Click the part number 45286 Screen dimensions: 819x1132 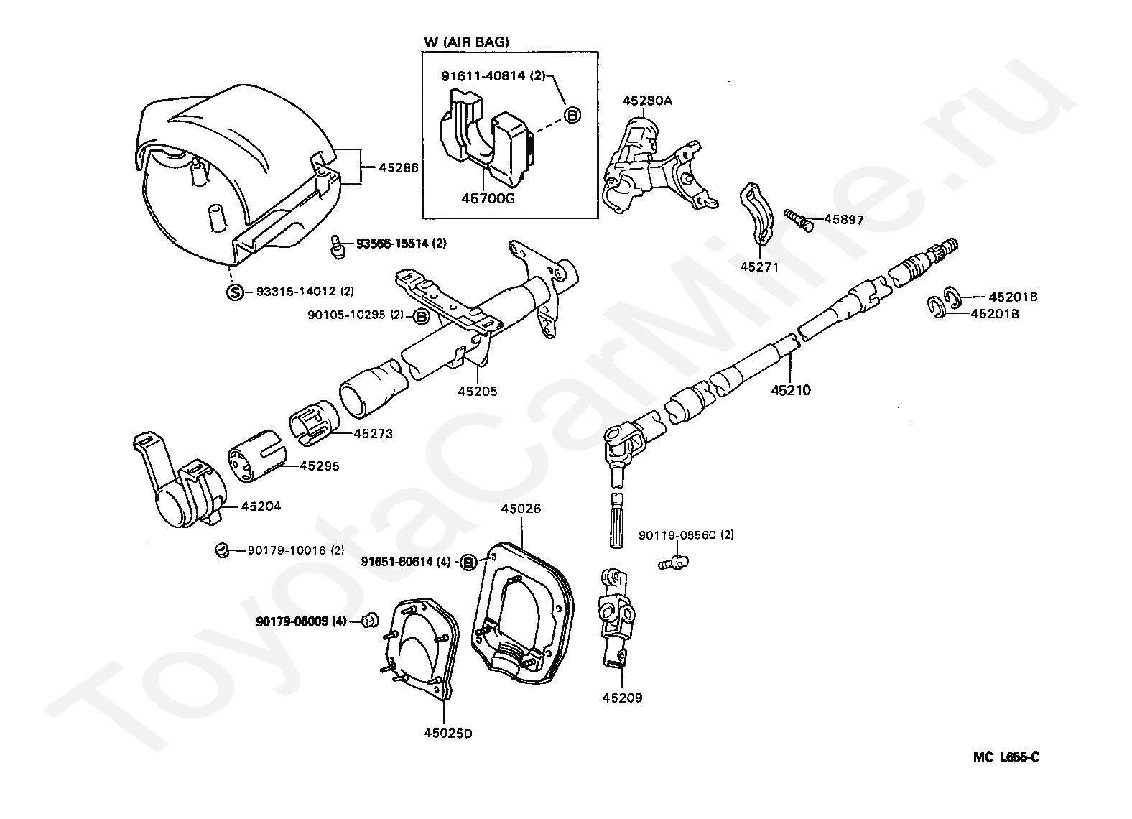(399, 168)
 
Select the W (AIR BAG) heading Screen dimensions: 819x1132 (466, 42)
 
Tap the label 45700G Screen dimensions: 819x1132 (488, 199)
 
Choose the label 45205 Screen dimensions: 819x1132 (478, 392)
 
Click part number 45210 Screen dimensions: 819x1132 (791, 391)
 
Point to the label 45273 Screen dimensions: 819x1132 (373, 434)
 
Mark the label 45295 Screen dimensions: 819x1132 (319, 466)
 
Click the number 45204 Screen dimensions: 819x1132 (261, 506)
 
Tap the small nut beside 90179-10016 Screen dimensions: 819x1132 (222, 551)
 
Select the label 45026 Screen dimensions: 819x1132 (521, 509)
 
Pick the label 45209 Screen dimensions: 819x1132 (622, 697)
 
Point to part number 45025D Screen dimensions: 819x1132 (447, 733)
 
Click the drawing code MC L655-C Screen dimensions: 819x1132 (1006, 756)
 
